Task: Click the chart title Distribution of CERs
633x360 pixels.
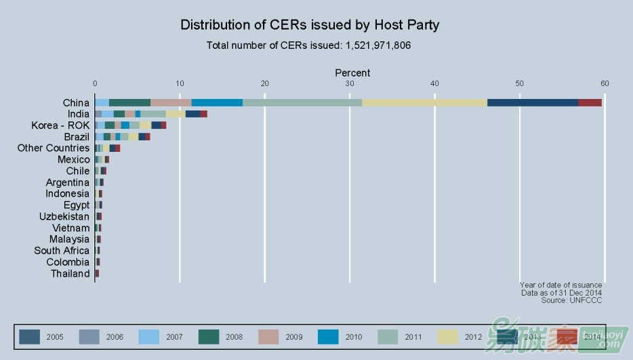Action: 310,25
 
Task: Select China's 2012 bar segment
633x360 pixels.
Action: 424,102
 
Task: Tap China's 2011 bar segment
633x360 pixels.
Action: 302,102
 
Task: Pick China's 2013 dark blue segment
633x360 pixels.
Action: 533,102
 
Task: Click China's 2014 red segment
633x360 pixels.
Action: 590,102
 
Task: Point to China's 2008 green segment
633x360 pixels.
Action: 129,102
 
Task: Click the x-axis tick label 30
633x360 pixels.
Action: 350,83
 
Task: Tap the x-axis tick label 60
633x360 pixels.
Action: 605,83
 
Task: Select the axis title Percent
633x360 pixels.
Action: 352,73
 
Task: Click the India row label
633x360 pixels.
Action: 79,114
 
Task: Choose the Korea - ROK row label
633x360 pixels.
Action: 60,125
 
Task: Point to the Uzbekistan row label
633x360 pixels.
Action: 64,216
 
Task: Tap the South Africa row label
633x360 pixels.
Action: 62,251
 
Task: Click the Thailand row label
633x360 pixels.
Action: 70,274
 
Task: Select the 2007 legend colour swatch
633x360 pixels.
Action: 149,336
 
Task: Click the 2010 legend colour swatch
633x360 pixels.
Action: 328,336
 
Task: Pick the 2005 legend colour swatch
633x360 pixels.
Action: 30,336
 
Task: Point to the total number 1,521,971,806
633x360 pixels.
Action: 378,46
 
